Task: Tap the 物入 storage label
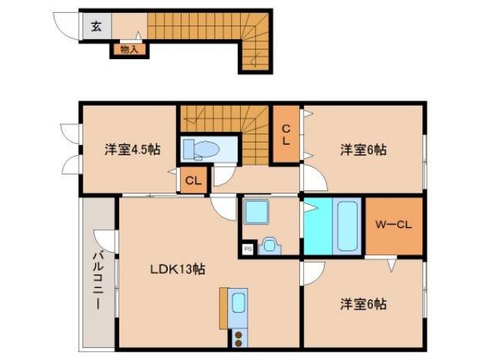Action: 129,50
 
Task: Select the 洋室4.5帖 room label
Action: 132,149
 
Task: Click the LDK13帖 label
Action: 176,268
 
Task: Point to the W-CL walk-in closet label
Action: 394,223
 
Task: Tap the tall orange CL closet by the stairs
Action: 286,134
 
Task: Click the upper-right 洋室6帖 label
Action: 363,149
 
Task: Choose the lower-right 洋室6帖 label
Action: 363,304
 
